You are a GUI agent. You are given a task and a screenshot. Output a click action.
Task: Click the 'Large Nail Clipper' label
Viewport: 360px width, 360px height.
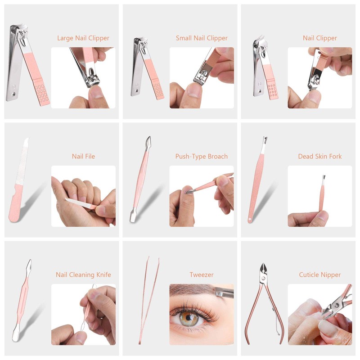click(x=83, y=38)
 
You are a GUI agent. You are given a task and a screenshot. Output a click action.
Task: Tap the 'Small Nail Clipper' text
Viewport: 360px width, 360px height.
click(x=202, y=38)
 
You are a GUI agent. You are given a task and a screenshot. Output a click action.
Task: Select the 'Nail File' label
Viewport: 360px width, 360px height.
click(x=83, y=157)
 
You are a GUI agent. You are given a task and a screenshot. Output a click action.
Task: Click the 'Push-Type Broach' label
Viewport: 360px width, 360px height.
click(x=202, y=157)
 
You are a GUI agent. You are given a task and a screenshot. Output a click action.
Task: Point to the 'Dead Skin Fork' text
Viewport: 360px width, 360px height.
click(x=319, y=157)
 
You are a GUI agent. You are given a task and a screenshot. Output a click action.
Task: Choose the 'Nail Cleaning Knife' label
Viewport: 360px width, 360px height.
click(x=83, y=274)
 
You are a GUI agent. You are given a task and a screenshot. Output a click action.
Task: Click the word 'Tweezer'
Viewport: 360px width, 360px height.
click(x=202, y=274)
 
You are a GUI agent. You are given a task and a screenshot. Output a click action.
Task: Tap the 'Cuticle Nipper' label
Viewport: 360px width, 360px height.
click(x=319, y=274)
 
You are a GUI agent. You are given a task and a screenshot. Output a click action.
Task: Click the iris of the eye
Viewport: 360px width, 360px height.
click(x=189, y=318)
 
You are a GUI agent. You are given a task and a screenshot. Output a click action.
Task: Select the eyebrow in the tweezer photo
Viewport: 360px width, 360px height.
click(x=193, y=297)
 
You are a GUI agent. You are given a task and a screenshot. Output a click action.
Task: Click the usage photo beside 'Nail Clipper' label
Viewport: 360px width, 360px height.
click(x=319, y=77)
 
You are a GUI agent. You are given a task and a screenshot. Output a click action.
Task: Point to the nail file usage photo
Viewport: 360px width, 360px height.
click(x=83, y=196)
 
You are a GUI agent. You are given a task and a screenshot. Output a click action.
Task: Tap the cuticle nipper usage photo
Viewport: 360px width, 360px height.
click(x=319, y=314)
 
